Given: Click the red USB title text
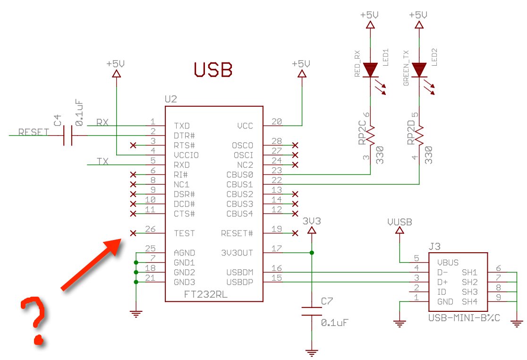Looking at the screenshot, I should pos(213,69).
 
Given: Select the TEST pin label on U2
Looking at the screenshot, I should pos(184,233).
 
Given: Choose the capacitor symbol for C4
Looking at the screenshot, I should pos(68,136).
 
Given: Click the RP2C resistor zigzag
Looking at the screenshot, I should pos(371,135).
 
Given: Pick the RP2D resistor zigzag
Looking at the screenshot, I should pos(419,135).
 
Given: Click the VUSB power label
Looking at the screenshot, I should pos(399,222).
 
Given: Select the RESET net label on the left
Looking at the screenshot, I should pos(33,132).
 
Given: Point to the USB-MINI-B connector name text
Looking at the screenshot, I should pos(464,317).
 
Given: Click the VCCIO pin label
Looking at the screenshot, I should pos(186,155).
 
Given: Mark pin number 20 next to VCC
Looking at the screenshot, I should pos(277,122).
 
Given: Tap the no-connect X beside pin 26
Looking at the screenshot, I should pos(133,233).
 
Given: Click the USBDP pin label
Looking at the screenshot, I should pos(240,282).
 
